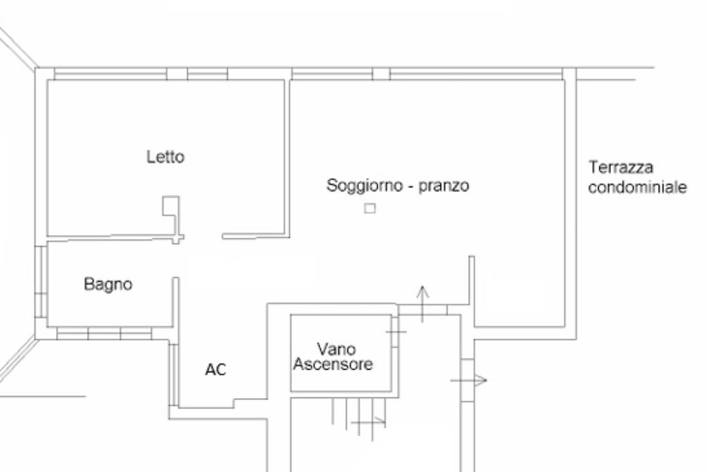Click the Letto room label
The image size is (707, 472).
click(x=166, y=157)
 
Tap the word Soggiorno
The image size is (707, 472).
click(x=360, y=186)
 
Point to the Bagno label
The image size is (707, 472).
click(x=108, y=284)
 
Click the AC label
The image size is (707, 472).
click(x=215, y=370)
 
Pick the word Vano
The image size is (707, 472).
click(x=333, y=348)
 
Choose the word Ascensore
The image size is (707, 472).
click(x=333, y=364)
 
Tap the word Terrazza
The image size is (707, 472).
click(x=621, y=167)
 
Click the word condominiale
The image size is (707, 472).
click(x=637, y=187)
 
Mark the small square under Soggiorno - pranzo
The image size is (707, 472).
click(x=370, y=207)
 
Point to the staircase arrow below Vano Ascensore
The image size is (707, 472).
click(x=369, y=419)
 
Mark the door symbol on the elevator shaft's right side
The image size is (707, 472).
click(x=396, y=332)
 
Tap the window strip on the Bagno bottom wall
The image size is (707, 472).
click(x=104, y=334)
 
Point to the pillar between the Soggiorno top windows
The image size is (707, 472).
click(x=381, y=74)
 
